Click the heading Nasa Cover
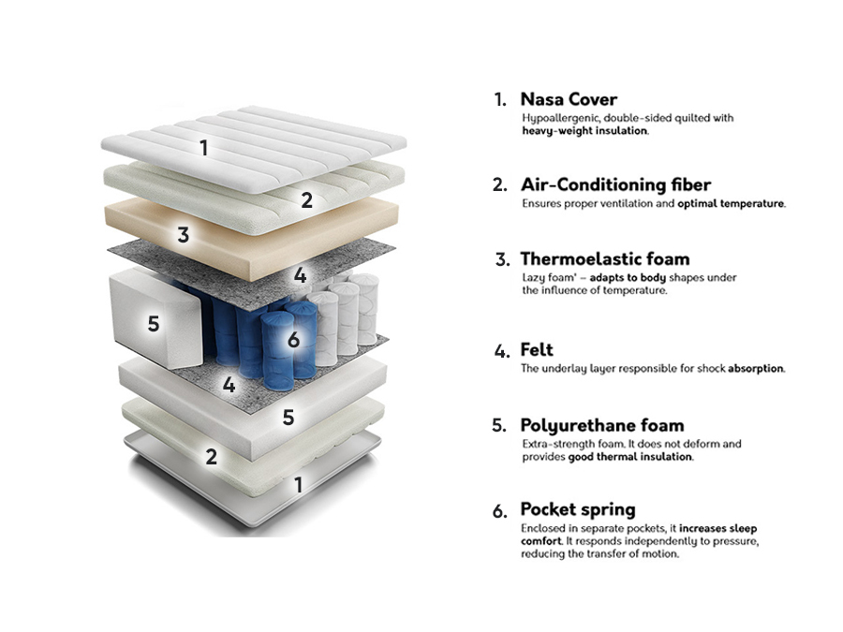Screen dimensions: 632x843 click(x=569, y=99)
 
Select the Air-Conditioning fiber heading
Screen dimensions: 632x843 click(x=615, y=184)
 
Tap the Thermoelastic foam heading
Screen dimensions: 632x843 click(x=604, y=258)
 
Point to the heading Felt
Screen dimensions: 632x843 click(x=537, y=349)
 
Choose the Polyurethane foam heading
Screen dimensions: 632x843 click(x=601, y=425)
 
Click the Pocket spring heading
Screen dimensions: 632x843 click(x=577, y=509)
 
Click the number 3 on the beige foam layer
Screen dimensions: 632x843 click(x=184, y=235)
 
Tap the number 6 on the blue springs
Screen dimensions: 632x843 click(x=293, y=339)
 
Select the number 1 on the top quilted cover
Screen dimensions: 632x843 click(x=203, y=147)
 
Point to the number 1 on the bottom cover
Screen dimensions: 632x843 click(x=298, y=484)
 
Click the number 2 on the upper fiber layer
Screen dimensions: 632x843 click(x=306, y=199)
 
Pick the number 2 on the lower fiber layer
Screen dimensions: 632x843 click(x=212, y=457)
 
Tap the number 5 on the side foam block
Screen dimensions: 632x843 click(x=154, y=323)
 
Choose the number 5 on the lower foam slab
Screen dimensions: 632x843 click(x=288, y=417)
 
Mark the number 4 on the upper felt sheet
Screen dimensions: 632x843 click(x=300, y=275)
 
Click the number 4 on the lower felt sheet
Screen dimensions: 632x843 click(x=229, y=384)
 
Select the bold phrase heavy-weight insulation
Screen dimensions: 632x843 click(x=584, y=131)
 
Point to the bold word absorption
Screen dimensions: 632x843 click(x=756, y=368)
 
